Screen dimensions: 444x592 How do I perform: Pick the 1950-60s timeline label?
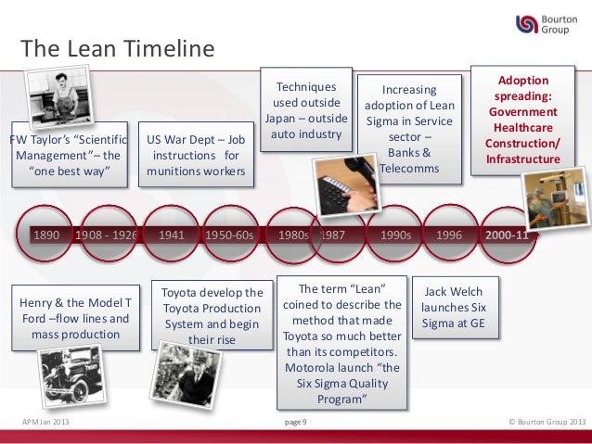[229, 235]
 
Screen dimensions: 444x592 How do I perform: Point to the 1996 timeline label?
[449, 235]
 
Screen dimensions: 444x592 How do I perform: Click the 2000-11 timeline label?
[508, 235]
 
